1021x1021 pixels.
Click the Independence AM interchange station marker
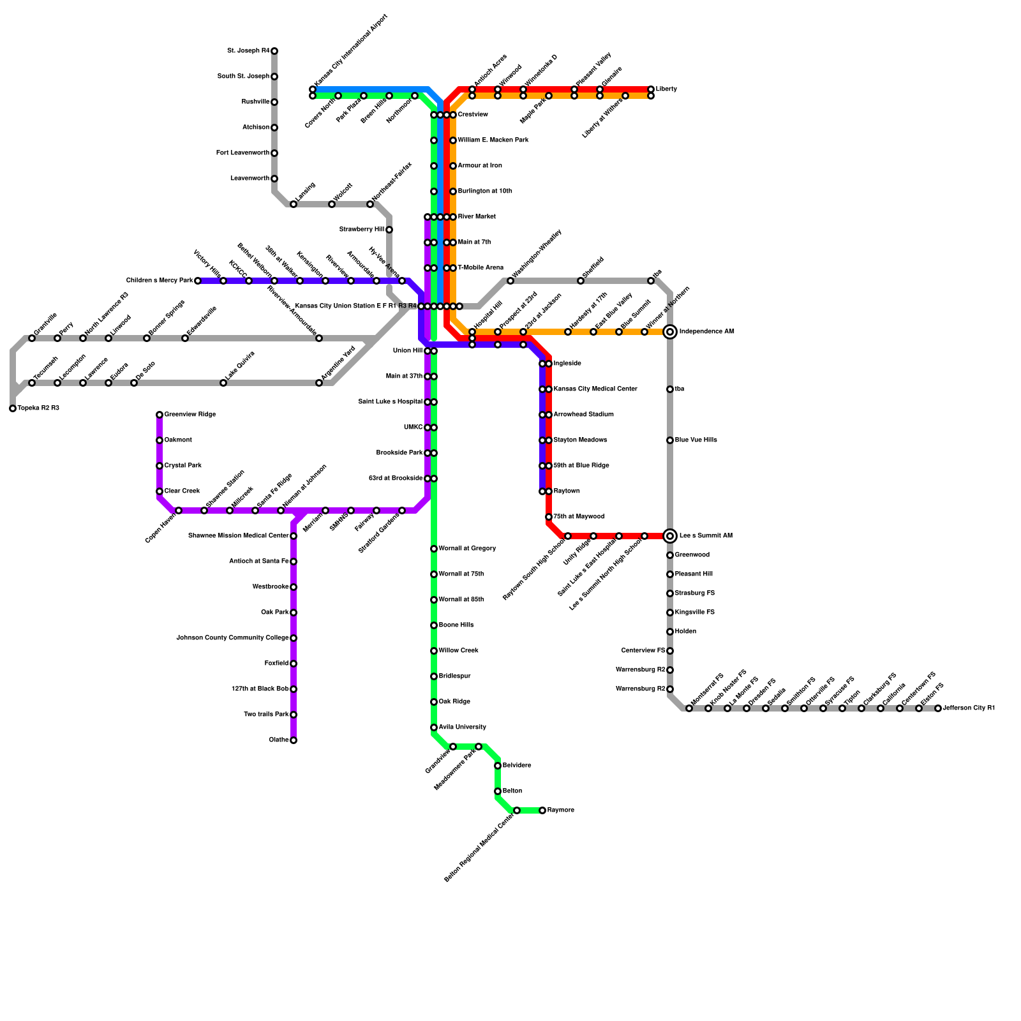(x=670, y=332)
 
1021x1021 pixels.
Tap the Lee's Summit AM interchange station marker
(x=670, y=536)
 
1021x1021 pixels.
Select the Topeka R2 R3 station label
(x=38, y=408)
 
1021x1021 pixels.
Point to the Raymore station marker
(x=542, y=810)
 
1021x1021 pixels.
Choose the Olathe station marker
(x=294, y=740)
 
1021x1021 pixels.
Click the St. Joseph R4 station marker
(x=274, y=51)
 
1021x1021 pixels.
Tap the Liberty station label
(x=666, y=89)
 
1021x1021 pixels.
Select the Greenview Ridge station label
(x=190, y=415)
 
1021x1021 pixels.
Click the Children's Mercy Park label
(x=160, y=281)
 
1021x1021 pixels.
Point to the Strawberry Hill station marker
(x=389, y=230)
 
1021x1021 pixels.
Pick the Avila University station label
(x=463, y=727)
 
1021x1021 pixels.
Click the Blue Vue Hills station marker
(x=670, y=440)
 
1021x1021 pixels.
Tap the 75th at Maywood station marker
(x=549, y=517)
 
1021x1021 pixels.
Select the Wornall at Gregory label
(x=467, y=549)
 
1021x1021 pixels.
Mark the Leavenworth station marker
(x=274, y=179)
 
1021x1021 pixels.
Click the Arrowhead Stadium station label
(x=584, y=415)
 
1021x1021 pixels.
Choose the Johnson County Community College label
(x=232, y=638)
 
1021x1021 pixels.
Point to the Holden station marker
(x=670, y=632)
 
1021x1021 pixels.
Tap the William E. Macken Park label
(x=493, y=140)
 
